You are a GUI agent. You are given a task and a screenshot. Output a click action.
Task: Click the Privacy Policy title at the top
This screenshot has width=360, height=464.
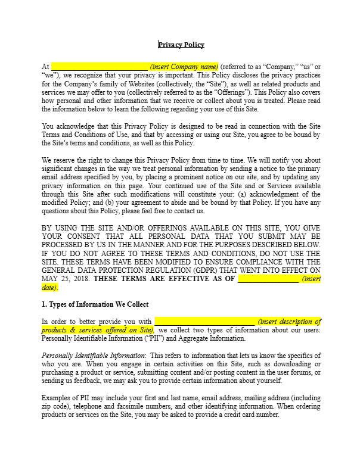coord(181,44)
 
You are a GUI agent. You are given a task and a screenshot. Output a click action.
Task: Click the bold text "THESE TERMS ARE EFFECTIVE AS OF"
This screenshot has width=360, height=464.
coord(165,278)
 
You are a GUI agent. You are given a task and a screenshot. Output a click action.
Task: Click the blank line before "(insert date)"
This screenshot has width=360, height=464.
coord(268,278)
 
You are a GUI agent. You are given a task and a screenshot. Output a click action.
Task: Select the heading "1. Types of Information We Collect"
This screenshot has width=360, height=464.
coord(95,304)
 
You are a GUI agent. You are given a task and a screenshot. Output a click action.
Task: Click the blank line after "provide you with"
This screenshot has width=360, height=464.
coord(204,322)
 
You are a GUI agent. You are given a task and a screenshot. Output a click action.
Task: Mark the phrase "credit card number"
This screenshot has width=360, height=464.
coord(253,415)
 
